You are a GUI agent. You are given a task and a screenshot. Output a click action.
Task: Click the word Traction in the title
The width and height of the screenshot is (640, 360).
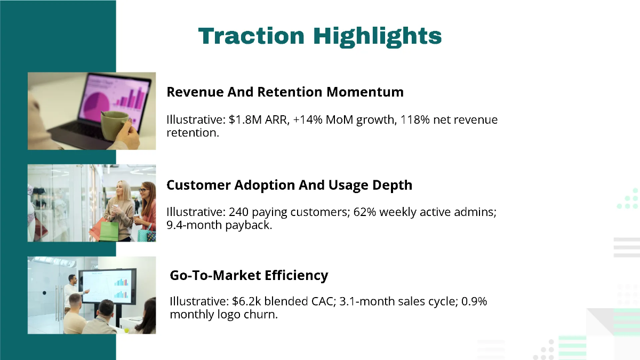pyautogui.click(x=251, y=36)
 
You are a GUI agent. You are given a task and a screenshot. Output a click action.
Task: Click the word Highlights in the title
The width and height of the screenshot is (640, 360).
pyautogui.click(x=377, y=36)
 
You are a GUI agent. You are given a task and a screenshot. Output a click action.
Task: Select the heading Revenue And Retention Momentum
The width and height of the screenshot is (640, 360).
pyautogui.click(x=285, y=92)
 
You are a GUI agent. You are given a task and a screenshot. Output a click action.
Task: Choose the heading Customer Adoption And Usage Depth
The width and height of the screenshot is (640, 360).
pyautogui.click(x=289, y=185)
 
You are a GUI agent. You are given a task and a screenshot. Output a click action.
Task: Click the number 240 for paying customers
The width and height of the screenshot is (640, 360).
pyautogui.click(x=238, y=212)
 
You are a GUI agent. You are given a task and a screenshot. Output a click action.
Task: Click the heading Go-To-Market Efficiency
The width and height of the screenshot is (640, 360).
pyautogui.click(x=249, y=275)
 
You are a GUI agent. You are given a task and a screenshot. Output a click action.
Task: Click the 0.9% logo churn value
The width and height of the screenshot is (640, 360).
pyautogui.click(x=474, y=301)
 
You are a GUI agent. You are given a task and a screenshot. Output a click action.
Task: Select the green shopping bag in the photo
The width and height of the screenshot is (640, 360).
pyautogui.click(x=109, y=229)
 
